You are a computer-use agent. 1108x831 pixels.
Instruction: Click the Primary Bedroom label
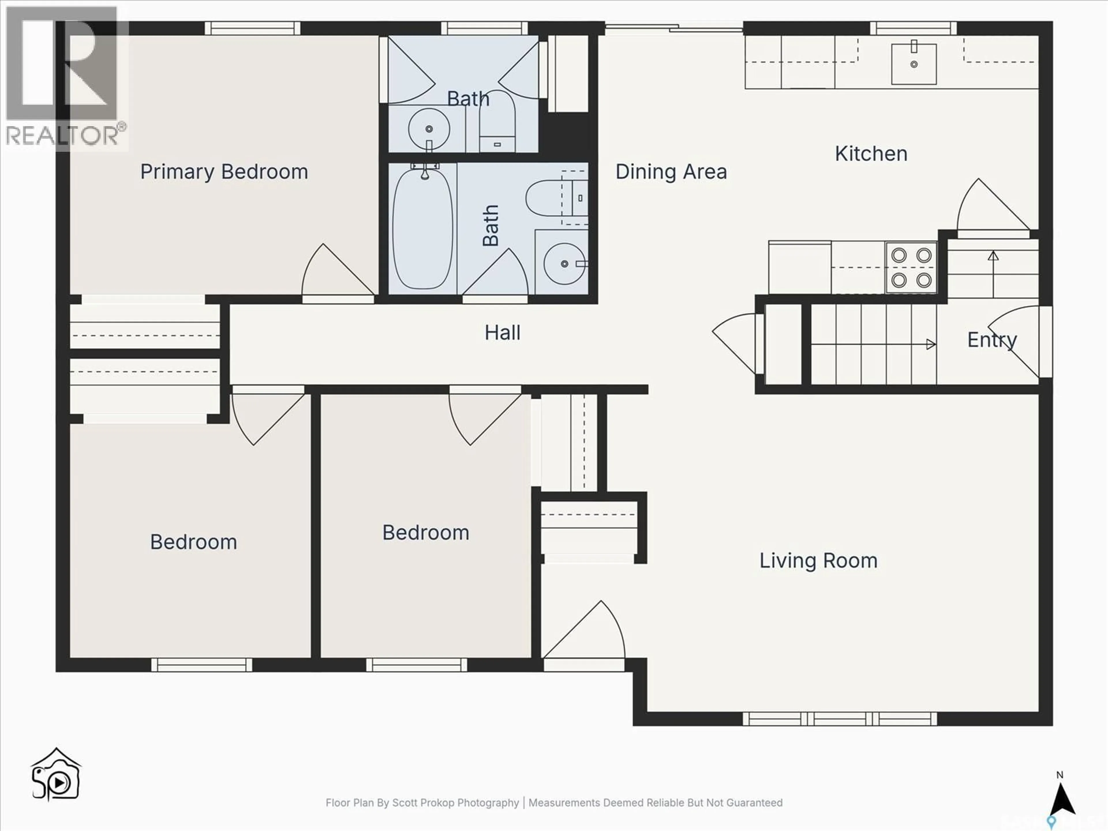tap(224, 172)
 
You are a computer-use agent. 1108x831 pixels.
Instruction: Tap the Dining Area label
tap(671, 172)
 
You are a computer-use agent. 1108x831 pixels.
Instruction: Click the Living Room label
tap(818, 561)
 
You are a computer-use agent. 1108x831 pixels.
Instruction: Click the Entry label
tap(991, 340)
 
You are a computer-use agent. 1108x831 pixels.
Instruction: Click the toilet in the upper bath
tap(497, 123)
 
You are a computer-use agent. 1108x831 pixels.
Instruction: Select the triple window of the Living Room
tap(840, 719)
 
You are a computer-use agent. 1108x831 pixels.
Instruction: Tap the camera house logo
tap(56, 775)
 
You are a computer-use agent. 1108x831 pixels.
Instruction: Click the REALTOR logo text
tap(63, 136)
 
